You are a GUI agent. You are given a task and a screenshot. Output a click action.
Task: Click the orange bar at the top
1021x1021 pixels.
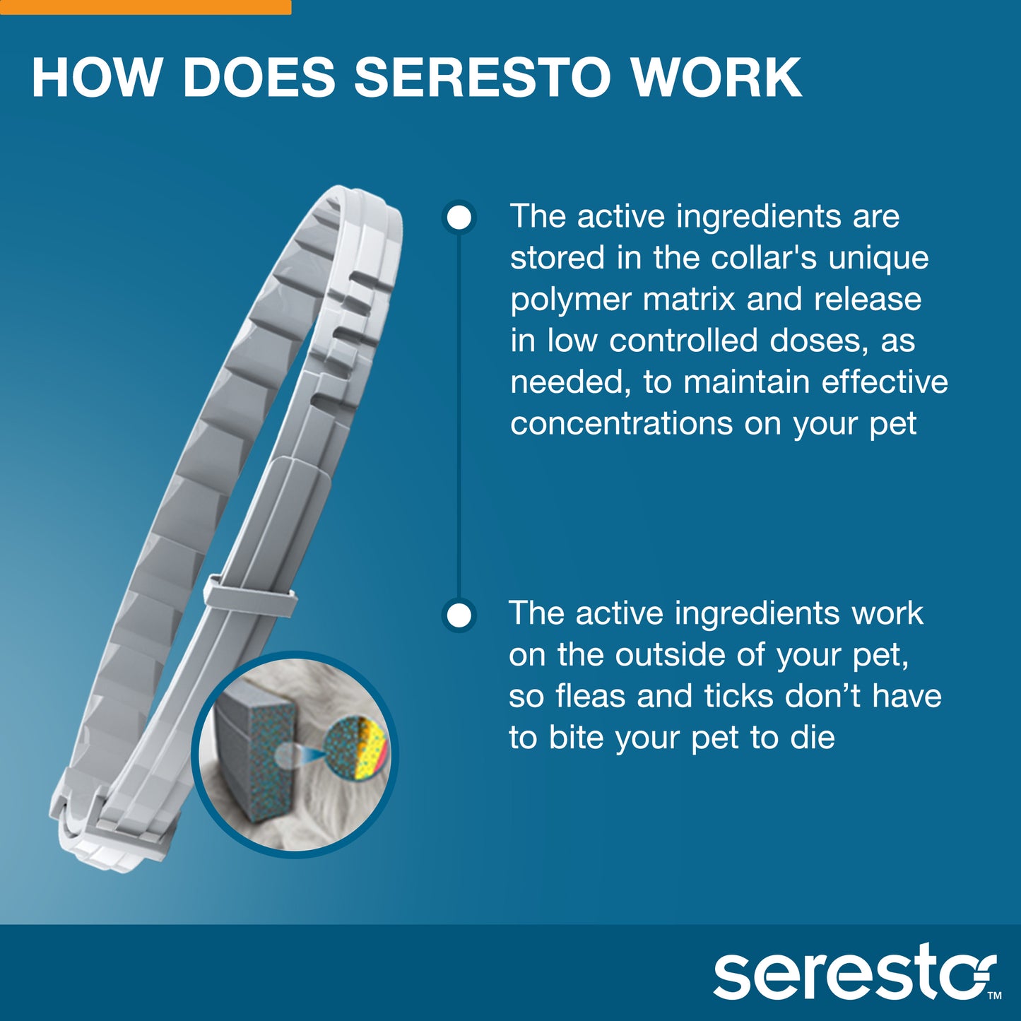145,7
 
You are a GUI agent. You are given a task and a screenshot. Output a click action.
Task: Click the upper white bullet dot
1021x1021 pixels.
459,217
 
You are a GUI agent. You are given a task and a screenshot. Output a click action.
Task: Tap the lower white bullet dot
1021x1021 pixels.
459,615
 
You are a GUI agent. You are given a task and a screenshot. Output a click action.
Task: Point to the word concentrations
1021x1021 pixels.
621,424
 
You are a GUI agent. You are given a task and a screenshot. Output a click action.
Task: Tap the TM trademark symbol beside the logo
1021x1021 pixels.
994,996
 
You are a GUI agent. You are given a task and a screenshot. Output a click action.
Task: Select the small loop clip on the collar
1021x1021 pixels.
249,596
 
